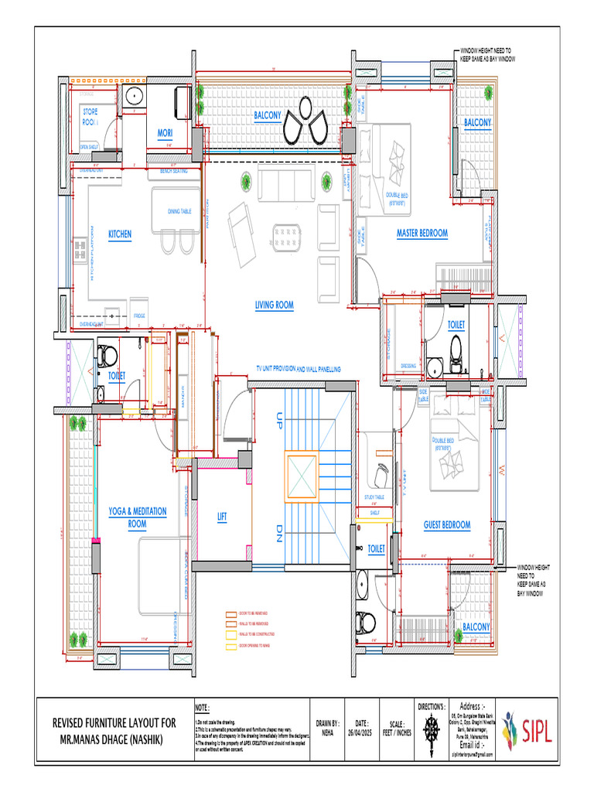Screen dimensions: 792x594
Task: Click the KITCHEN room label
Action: click(120, 233)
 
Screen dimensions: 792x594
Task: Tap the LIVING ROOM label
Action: click(275, 306)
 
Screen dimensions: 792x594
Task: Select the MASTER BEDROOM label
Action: click(422, 233)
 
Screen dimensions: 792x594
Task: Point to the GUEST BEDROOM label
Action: click(446, 525)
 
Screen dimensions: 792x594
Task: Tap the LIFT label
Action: click(221, 518)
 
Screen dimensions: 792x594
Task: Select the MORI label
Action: click(165, 133)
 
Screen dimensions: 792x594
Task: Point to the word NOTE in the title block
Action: click(203, 707)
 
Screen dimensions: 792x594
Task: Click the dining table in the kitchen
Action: click(179, 211)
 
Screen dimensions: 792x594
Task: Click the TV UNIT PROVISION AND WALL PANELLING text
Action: click(299, 370)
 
